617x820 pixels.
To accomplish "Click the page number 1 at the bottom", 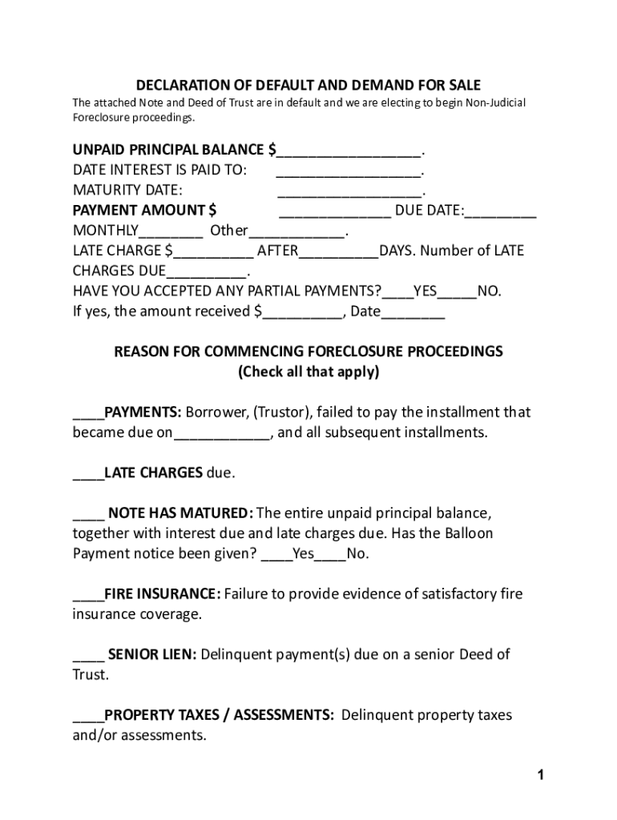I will [x=541, y=774].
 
